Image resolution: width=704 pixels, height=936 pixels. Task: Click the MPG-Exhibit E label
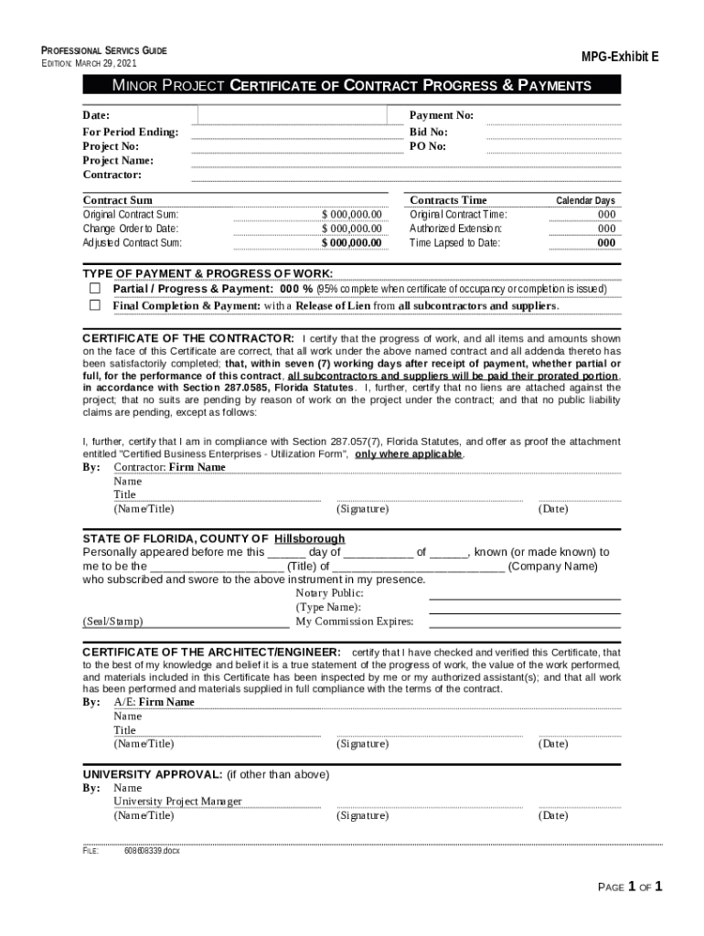(620, 57)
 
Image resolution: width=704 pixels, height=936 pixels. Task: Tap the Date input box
(299, 115)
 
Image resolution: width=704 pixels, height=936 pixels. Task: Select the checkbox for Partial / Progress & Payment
(94, 288)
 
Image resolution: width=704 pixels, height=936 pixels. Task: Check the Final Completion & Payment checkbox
(94, 305)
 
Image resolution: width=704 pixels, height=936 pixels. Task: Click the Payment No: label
(442, 115)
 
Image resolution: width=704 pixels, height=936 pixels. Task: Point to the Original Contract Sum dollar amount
(351, 214)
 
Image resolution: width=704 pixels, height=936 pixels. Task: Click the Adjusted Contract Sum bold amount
(351, 242)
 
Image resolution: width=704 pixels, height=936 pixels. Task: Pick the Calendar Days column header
(585, 200)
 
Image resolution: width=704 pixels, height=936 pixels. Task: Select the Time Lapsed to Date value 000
(606, 242)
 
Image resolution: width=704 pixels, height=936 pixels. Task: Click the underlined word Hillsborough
(310, 538)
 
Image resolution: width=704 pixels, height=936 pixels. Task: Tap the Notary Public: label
(329, 593)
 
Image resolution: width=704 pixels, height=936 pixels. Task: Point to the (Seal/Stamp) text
(112, 622)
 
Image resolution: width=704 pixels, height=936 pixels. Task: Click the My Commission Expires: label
(354, 622)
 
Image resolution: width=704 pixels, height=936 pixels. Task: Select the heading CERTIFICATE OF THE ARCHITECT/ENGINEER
(212, 652)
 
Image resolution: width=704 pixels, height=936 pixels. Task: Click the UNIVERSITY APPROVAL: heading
(153, 774)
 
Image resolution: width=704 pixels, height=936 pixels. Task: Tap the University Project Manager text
(177, 802)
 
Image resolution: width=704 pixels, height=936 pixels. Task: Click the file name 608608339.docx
(152, 850)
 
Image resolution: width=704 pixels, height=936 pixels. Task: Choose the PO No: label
(428, 145)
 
